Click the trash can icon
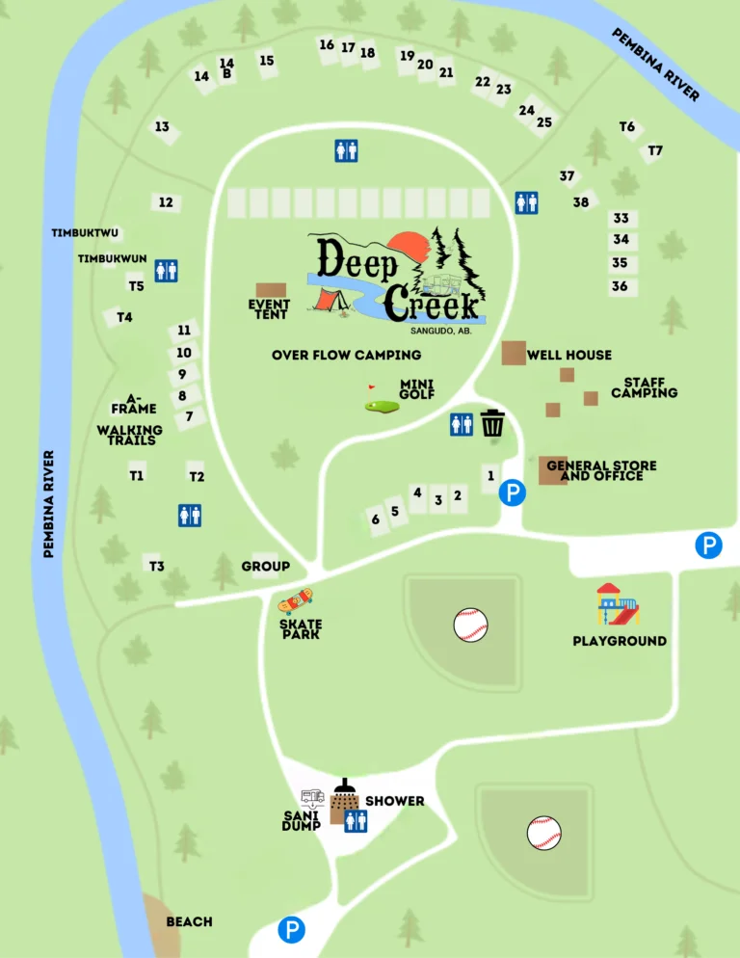(x=492, y=423)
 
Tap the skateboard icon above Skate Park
(x=296, y=601)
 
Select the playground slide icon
(x=618, y=604)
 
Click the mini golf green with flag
(x=382, y=405)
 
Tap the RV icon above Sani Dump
(x=312, y=798)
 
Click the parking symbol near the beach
(x=291, y=929)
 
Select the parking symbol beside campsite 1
(x=513, y=494)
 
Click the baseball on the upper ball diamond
(x=471, y=625)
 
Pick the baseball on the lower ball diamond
(x=543, y=833)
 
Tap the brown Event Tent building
(x=272, y=290)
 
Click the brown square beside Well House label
(x=514, y=353)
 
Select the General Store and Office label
(x=601, y=470)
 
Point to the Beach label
(x=189, y=922)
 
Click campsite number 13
(x=162, y=127)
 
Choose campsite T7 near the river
(x=655, y=151)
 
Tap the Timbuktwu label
(x=85, y=233)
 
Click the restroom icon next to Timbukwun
(x=166, y=271)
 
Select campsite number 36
(x=620, y=286)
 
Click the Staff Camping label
(x=644, y=387)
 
